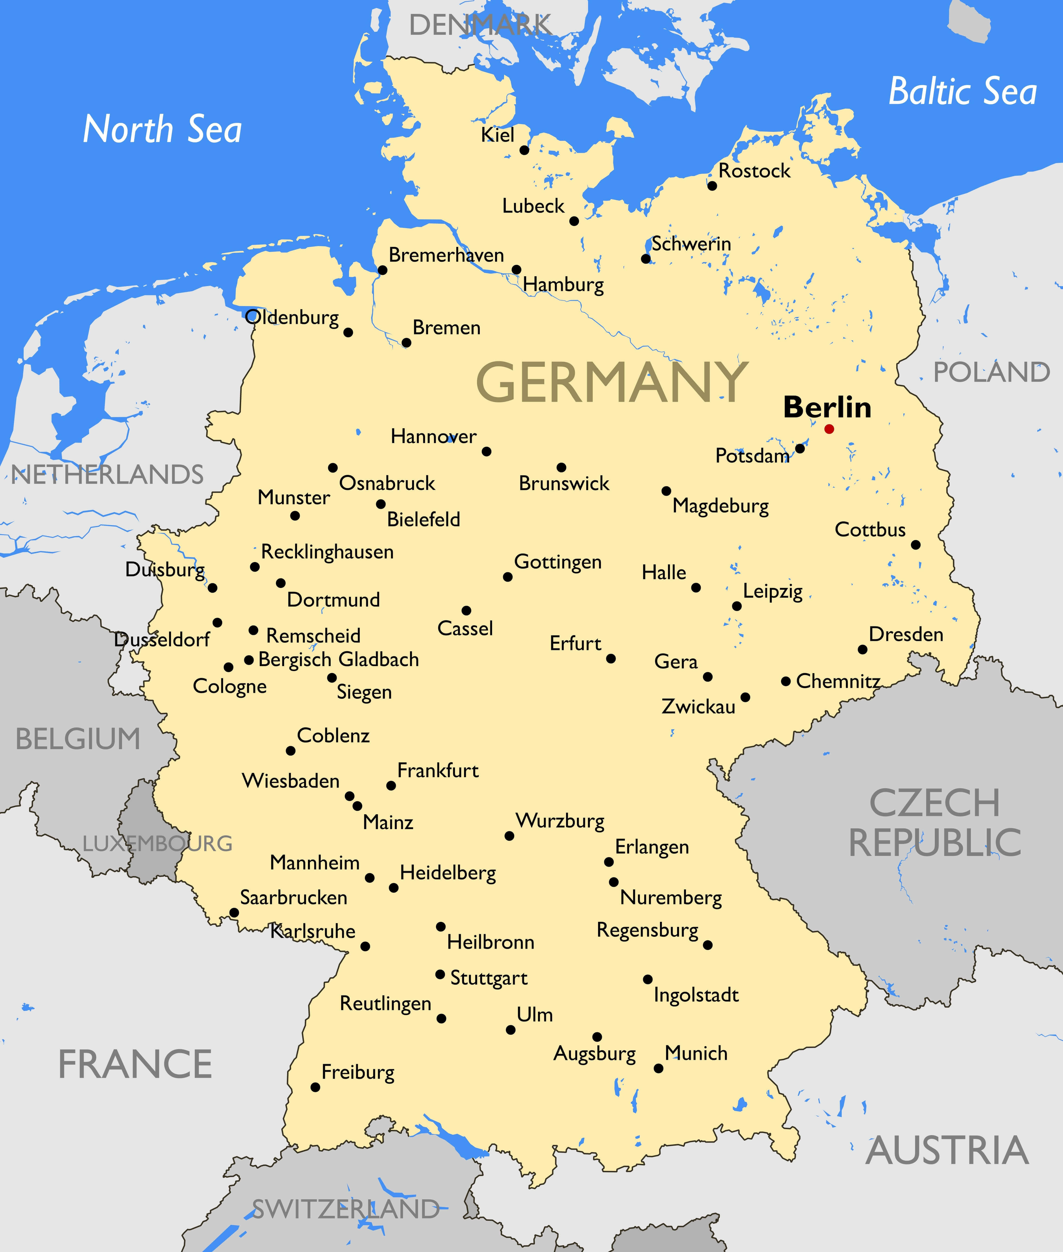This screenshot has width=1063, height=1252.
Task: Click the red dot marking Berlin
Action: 829,429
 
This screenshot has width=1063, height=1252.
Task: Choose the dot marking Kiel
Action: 524,150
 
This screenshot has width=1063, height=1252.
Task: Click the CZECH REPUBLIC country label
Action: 935,822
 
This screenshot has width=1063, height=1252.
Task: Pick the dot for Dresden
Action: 862,649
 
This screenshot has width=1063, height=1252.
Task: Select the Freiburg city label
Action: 358,1073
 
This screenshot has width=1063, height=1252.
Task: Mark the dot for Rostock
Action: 712,185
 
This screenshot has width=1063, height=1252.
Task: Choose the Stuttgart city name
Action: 489,978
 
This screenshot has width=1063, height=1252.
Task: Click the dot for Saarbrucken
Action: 234,913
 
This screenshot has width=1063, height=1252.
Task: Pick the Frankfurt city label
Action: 438,771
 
